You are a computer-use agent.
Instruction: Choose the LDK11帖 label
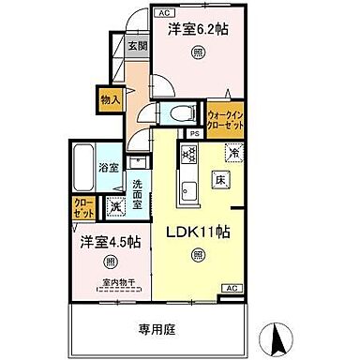click(x=198, y=230)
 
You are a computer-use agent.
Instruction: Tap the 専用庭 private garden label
click(x=160, y=330)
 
